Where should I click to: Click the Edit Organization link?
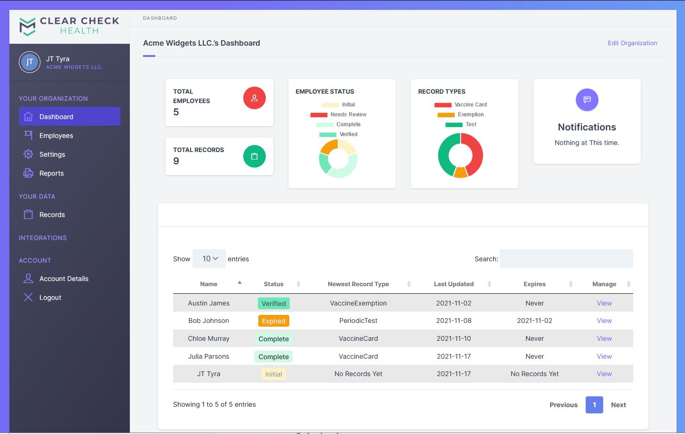(x=632, y=43)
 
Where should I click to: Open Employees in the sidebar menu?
(x=56, y=136)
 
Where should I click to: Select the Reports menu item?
(x=51, y=173)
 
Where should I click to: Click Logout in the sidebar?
(x=50, y=297)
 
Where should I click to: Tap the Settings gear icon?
(x=28, y=154)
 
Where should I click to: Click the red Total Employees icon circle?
(x=254, y=98)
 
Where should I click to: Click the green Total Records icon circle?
(x=254, y=156)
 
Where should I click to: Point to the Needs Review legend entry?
(x=338, y=114)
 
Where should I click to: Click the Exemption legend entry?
(x=461, y=114)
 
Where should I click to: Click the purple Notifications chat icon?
(x=587, y=99)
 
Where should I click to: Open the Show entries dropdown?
(x=209, y=258)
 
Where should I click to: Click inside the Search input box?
(x=566, y=258)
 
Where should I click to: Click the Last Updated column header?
(x=454, y=284)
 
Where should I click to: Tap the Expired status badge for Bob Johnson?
(x=273, y=321)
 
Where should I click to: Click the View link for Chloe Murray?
(x=604, y=338)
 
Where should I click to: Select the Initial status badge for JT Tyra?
(x=273, y=374)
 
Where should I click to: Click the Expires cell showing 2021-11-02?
(x=534, y=321)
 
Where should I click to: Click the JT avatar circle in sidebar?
(x=29, y=62)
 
